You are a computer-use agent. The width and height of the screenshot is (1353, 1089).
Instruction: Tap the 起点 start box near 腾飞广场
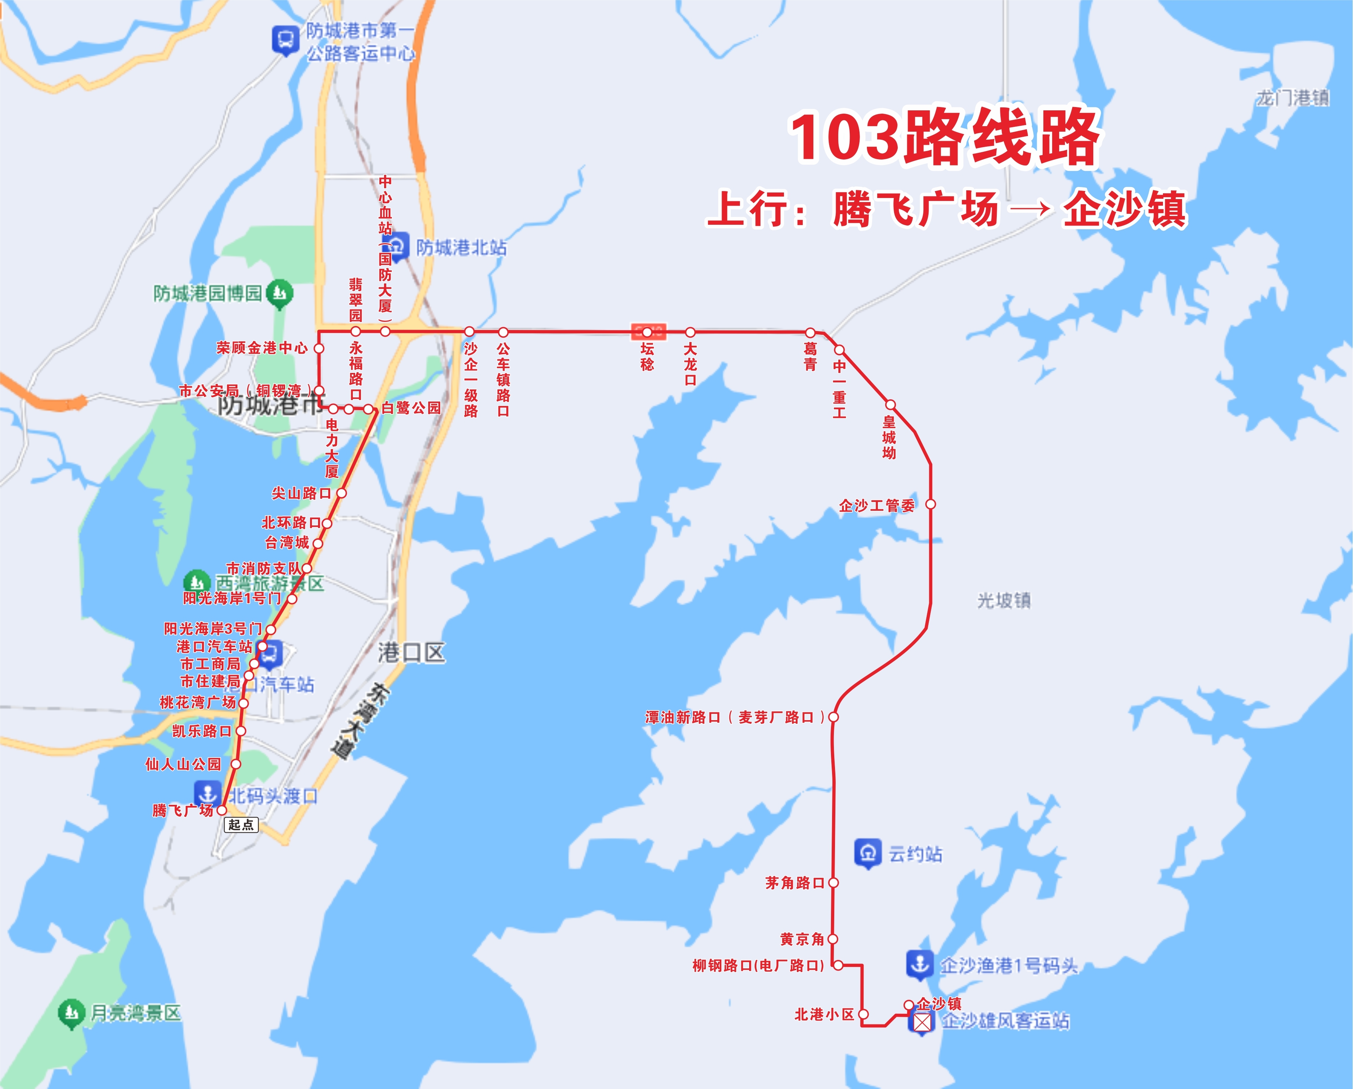pos(241,824)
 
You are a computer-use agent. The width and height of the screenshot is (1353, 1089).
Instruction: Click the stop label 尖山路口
pos(301,493)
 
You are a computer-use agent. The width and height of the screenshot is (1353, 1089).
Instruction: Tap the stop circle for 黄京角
pos(833,939)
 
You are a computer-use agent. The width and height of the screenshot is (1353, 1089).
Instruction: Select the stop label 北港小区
pos(824,1014)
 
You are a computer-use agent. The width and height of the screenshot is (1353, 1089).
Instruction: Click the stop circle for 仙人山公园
pos(235,764)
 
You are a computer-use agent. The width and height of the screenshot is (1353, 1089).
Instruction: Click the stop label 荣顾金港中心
pos(262,348)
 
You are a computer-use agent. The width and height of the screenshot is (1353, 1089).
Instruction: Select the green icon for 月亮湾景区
pos(71,1013)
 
